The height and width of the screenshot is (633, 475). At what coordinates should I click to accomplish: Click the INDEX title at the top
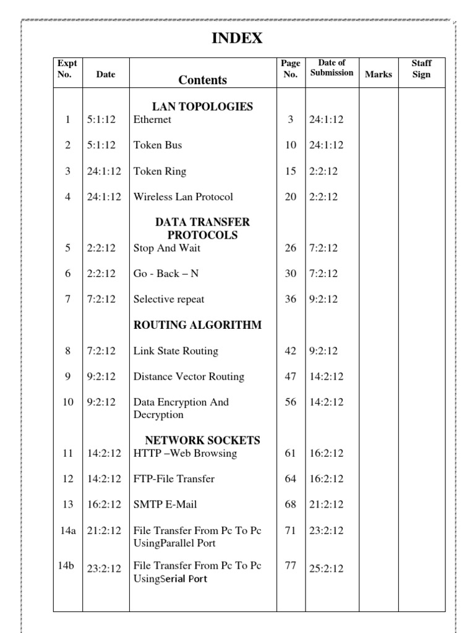tap(237, 38)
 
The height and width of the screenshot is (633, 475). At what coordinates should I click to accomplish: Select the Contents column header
tap(202, 80)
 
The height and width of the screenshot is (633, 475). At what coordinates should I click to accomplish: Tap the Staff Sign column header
tap(421, 69)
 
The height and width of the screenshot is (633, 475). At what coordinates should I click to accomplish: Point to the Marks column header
tap(378, 75)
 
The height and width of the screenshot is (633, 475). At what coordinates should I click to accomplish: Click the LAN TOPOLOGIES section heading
tap(202, 106)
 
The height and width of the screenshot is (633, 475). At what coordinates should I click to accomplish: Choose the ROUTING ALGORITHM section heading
tap(197, 325)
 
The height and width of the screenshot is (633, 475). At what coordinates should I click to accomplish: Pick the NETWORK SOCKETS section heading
tap(202, 440)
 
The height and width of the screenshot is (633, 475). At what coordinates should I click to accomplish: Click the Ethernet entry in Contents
tap(152, 119)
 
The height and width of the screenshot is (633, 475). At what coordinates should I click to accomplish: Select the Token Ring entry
tap(160, 171)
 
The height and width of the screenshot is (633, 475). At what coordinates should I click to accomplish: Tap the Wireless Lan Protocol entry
tap(183, 197)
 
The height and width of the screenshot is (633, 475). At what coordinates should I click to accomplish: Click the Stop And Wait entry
tap(167, 249)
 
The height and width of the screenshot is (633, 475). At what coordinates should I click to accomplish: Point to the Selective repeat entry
tap(169, 299)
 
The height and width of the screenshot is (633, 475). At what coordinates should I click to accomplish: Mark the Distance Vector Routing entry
tap(189, 376)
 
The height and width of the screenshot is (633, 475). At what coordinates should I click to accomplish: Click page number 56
tap(291, 402)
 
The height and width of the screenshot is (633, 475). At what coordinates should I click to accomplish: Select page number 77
tap(291, 565)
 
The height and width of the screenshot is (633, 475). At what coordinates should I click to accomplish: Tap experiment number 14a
tap(68, 530)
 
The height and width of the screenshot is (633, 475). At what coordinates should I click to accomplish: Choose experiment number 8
tap(68, 351)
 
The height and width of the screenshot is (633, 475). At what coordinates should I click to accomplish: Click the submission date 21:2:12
tap(326, 504)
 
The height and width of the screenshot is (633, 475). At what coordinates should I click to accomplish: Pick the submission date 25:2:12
tap(326, 569)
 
